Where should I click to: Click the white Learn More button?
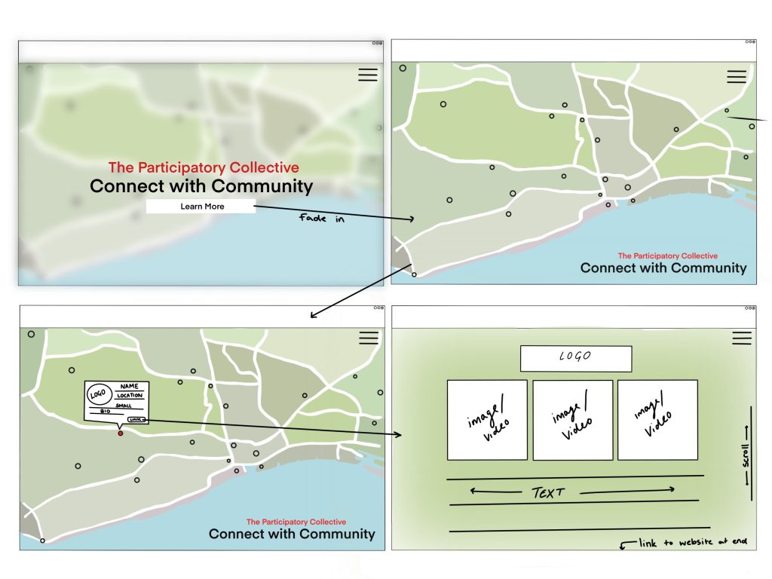point(201,207)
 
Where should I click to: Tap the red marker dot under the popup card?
point(120,433)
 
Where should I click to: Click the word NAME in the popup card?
point(130,387)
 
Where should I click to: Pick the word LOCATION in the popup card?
point(130,396)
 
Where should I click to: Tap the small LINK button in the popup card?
point(136,419)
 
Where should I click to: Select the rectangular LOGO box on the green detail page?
point(575,358)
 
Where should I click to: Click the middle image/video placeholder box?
point(572,420)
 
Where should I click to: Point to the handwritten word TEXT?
point(548,493)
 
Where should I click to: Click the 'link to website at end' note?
point(690,543)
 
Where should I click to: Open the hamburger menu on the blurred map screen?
point(368,75)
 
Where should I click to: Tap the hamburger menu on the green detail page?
point(742,338)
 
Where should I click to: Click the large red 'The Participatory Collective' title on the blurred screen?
point(203,168)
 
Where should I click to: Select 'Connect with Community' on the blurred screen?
point(201,186)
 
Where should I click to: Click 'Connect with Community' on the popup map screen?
point(292,535)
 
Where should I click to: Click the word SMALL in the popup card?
point(124,405)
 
